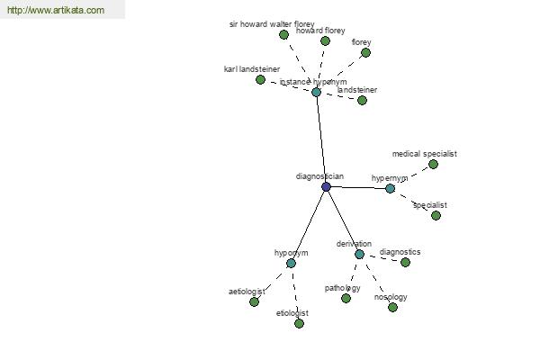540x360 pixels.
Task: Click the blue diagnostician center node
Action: (x=326, y=187)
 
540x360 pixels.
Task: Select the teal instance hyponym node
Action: (x=316, y=92)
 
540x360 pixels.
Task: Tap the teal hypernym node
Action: (x=390, y=188)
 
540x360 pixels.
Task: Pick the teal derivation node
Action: (x=359, y=254)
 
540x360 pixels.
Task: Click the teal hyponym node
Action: (x=291, y=263)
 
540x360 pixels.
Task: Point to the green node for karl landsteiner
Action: (x=260, y=79)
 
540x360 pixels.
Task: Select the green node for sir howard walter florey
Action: (x=283, y=34)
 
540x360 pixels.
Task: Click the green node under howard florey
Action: (x=325, y=41)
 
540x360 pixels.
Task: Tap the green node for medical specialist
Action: (x=433, y=165)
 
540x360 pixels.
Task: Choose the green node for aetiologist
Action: (x=254, y=301)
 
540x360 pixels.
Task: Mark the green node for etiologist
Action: (x=299, y=323)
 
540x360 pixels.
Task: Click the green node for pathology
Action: (x=346, y=298)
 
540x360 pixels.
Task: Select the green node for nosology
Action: (x=392, y=307)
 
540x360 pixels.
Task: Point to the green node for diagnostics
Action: (x=405, y=262)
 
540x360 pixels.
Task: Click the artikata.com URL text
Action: (x=56, y=10)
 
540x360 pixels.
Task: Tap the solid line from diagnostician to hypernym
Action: (x=358, y=188)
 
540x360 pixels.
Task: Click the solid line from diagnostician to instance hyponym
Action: (x=321, y=139)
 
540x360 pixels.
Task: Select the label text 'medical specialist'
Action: (x=425, y=154)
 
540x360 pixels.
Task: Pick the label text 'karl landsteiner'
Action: (x=252, y=69)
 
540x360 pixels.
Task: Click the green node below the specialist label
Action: (x=436, y=216)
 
